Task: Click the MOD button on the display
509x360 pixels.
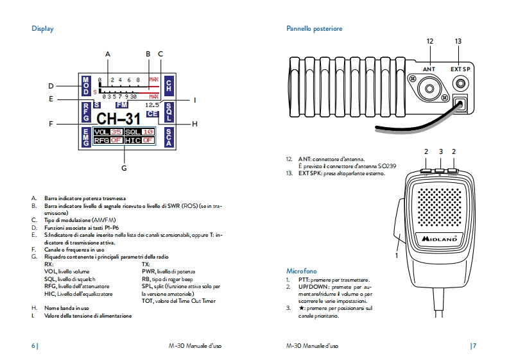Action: (86, 85)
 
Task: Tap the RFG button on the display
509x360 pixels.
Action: (86, 113)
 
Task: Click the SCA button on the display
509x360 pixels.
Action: (169, 136)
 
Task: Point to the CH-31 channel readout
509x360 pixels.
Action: (117, 119)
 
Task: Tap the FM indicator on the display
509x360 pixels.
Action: (122, 104)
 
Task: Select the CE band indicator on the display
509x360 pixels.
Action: (152, 114)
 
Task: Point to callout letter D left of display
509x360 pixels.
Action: (51, 85)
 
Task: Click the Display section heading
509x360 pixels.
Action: (42, 29)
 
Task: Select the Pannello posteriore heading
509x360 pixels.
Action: (314, 29)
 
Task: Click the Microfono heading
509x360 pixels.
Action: (301, 271)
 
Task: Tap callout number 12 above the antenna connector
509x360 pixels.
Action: (429, 41)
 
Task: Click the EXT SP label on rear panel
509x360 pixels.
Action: (460, 69)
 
